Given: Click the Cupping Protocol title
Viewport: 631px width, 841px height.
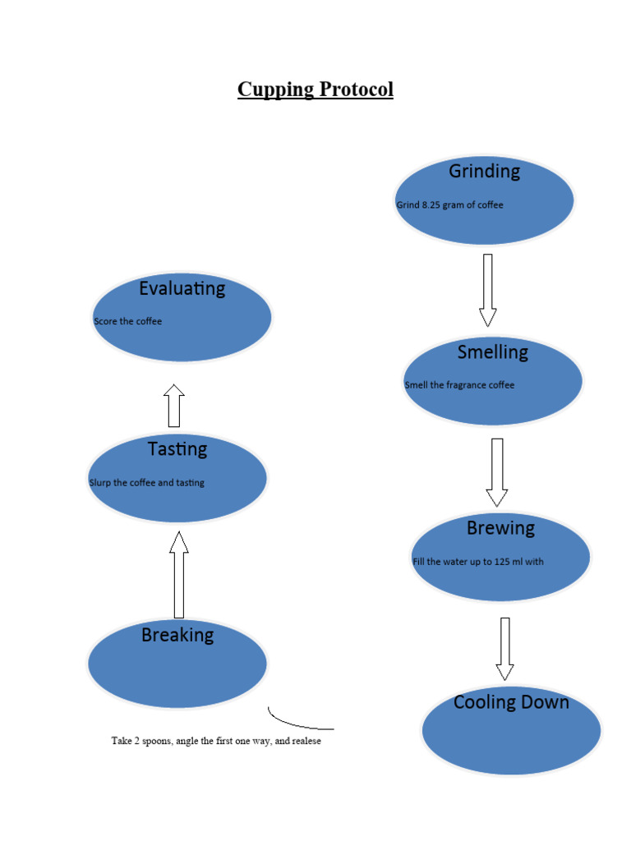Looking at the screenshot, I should [315, 90].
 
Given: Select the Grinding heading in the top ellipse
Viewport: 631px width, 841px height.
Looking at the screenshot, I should [484, 172].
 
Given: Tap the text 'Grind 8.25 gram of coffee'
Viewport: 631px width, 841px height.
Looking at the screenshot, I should [449, 205].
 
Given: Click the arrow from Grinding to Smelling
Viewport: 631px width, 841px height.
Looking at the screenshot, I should [487, 289].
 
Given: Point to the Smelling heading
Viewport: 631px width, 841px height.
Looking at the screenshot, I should [492, 352].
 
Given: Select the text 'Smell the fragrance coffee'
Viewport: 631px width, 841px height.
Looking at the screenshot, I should [459, 385].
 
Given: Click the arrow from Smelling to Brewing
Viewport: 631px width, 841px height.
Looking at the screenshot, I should [496, 471].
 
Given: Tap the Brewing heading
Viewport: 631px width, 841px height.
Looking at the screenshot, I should [500, 528].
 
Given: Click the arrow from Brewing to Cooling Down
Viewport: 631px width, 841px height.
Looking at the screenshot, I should [504, 648].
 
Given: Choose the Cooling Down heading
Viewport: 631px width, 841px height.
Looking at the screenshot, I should [511, 702].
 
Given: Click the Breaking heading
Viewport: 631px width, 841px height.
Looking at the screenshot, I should [177, 635].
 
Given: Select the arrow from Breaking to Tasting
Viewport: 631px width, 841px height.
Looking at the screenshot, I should [178, 574].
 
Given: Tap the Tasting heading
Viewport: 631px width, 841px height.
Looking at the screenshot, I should [177, 449].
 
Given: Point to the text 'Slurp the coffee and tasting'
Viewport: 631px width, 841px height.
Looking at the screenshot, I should [146, 483].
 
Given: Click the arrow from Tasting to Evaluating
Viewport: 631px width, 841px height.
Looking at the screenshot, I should [173, 405].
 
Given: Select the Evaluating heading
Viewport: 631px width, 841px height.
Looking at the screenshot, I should [182, 288].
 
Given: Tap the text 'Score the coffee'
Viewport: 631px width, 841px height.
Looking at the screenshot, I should [127, 321].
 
